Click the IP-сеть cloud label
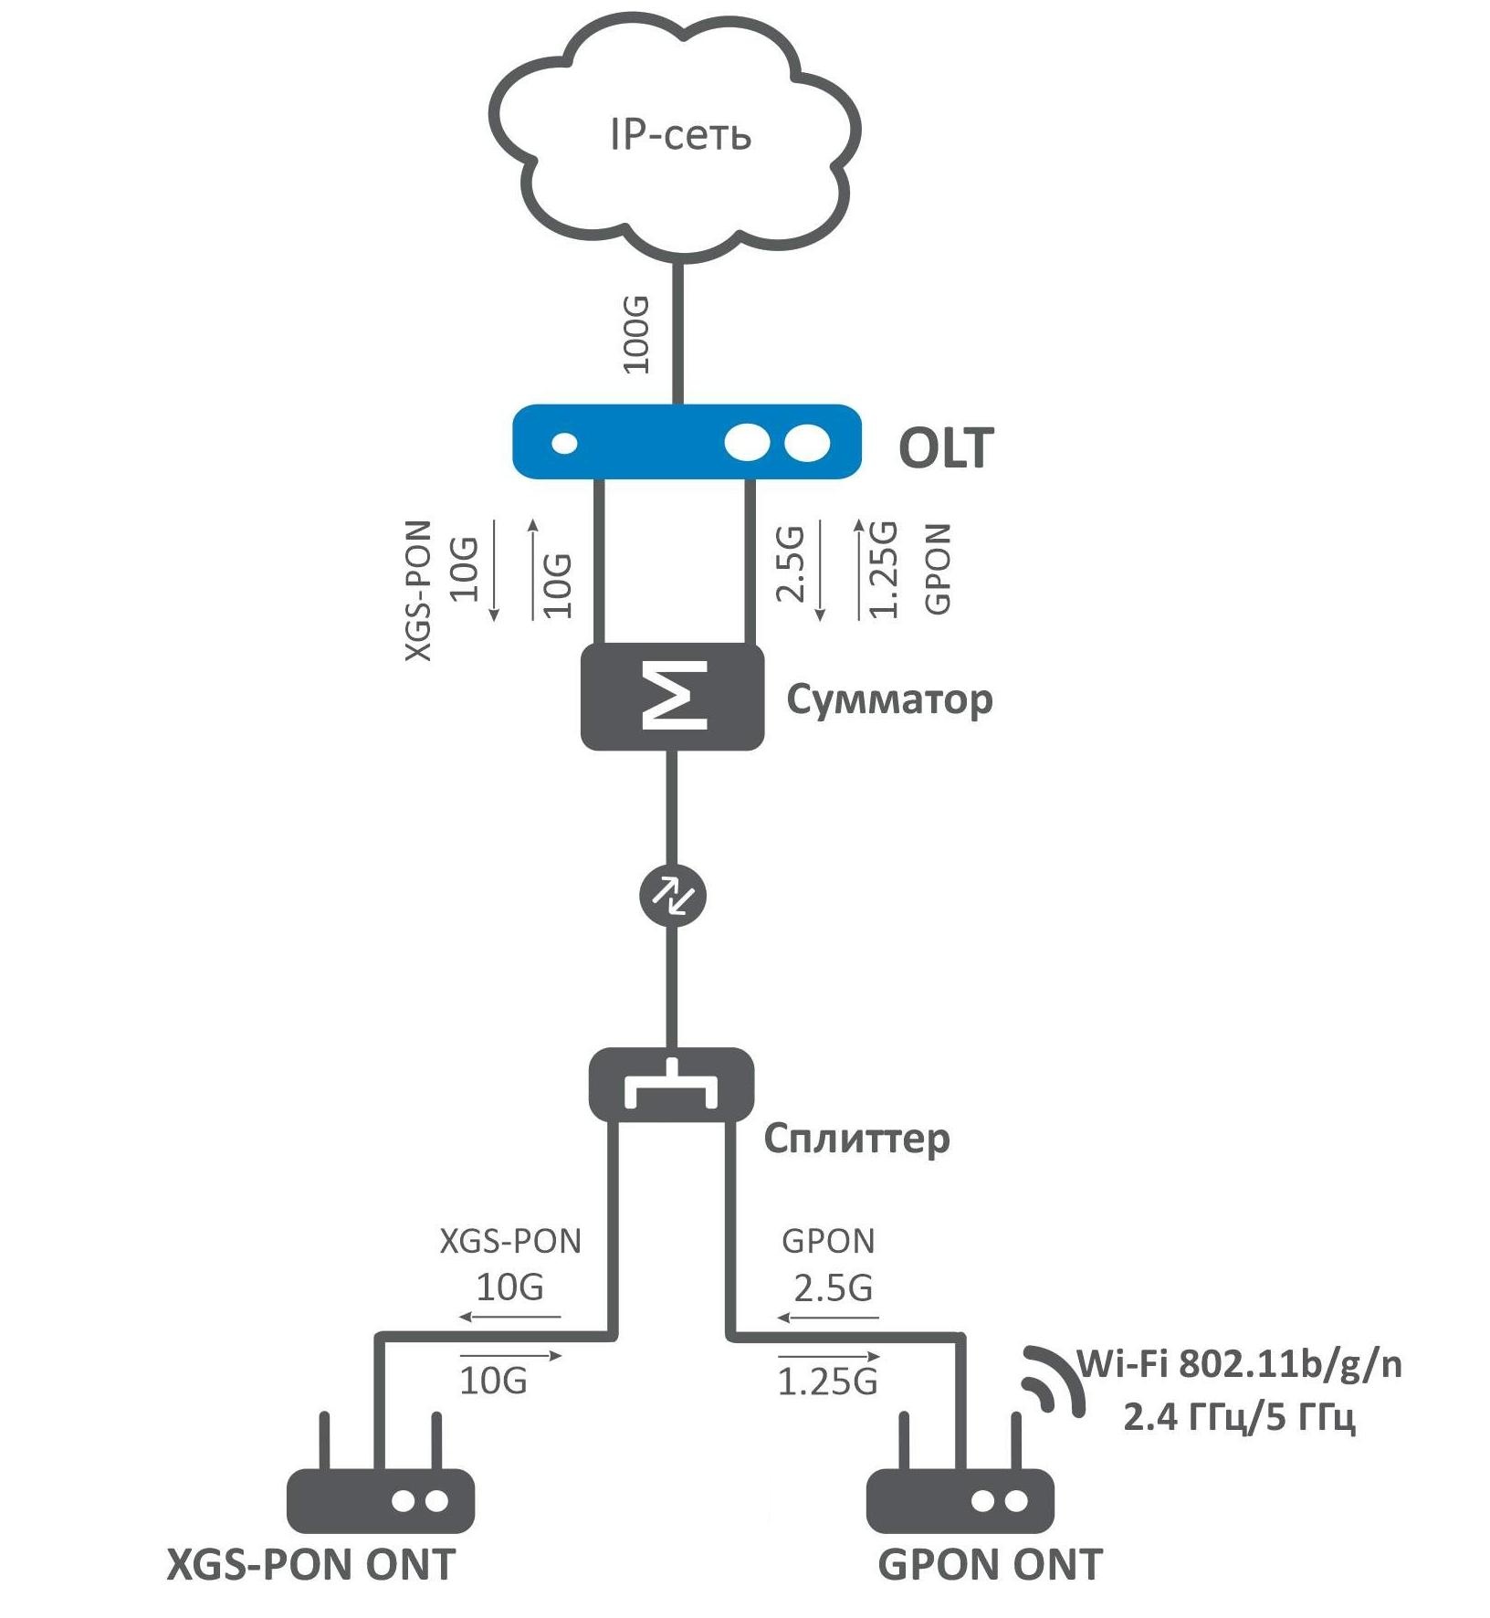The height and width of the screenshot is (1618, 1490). pos(680,135)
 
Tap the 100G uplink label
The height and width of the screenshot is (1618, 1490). pos(636,334)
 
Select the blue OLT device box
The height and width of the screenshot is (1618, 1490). pos(686,442)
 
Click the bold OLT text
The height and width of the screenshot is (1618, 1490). pos(945,448)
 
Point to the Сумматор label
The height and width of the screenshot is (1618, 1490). pos(888,700)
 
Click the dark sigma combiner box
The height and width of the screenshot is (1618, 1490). pos(673,697)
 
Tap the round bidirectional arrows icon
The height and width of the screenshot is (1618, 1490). pos(673,895)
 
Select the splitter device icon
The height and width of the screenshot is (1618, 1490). pos(671,1085)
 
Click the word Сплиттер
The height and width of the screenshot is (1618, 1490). pos(856,1139)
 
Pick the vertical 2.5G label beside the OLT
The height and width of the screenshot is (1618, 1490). pos(791,563)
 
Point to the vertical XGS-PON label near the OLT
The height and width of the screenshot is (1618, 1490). pos(418,591)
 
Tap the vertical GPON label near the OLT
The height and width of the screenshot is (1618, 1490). pos(938,568)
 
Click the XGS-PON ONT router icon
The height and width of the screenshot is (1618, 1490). pos(381,1499)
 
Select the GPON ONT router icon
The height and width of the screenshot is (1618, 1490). pos(960,1499)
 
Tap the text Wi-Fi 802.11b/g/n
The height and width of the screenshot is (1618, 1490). pos(1240,1364)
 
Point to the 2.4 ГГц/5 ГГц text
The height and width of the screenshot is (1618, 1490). pos(1239,1417)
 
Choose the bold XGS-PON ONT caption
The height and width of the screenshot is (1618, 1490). pos(310,1565)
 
